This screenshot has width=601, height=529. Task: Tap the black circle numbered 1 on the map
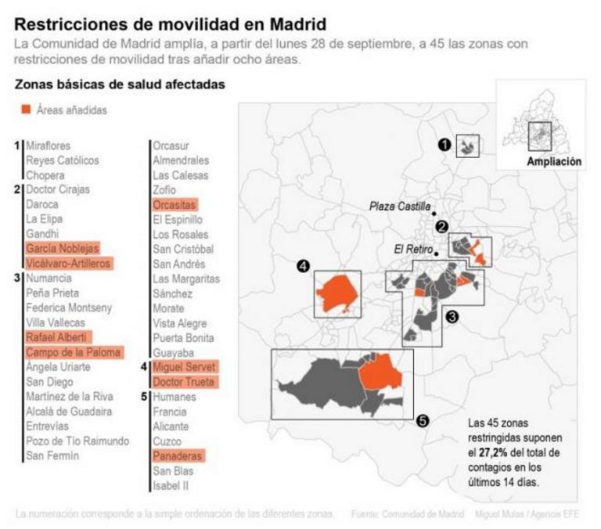coord(444,145)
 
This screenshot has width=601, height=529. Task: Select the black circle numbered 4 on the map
coord(303,267)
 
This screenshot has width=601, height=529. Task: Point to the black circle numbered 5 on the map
coord(423,421)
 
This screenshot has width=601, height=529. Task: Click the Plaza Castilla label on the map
coord(399,207)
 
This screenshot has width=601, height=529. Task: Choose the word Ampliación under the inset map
coord(554,162)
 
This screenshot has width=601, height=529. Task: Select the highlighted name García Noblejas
coord(63,248)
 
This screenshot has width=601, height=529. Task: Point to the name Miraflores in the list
coord(49,146)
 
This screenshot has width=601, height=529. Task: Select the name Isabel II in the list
coord(170,486)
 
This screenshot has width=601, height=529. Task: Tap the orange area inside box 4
coord(336,293)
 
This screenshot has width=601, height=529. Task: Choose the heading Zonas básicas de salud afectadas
coord(121,85)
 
